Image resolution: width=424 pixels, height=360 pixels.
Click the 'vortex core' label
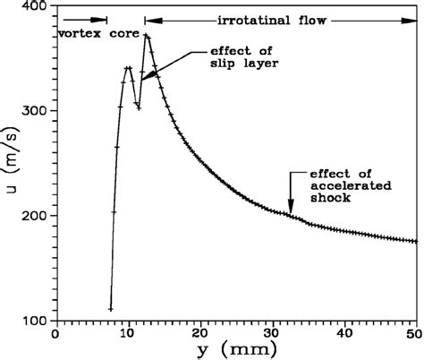tap(89, 33)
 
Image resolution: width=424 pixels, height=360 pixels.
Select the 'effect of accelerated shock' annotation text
tap(341, 187)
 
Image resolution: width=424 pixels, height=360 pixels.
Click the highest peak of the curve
tap(147, 36)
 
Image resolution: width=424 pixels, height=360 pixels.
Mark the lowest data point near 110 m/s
tap(111, 309)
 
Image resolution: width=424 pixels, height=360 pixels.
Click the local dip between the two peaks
tap(139, 107)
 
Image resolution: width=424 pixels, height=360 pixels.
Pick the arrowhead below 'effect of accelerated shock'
tap(290, 212)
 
